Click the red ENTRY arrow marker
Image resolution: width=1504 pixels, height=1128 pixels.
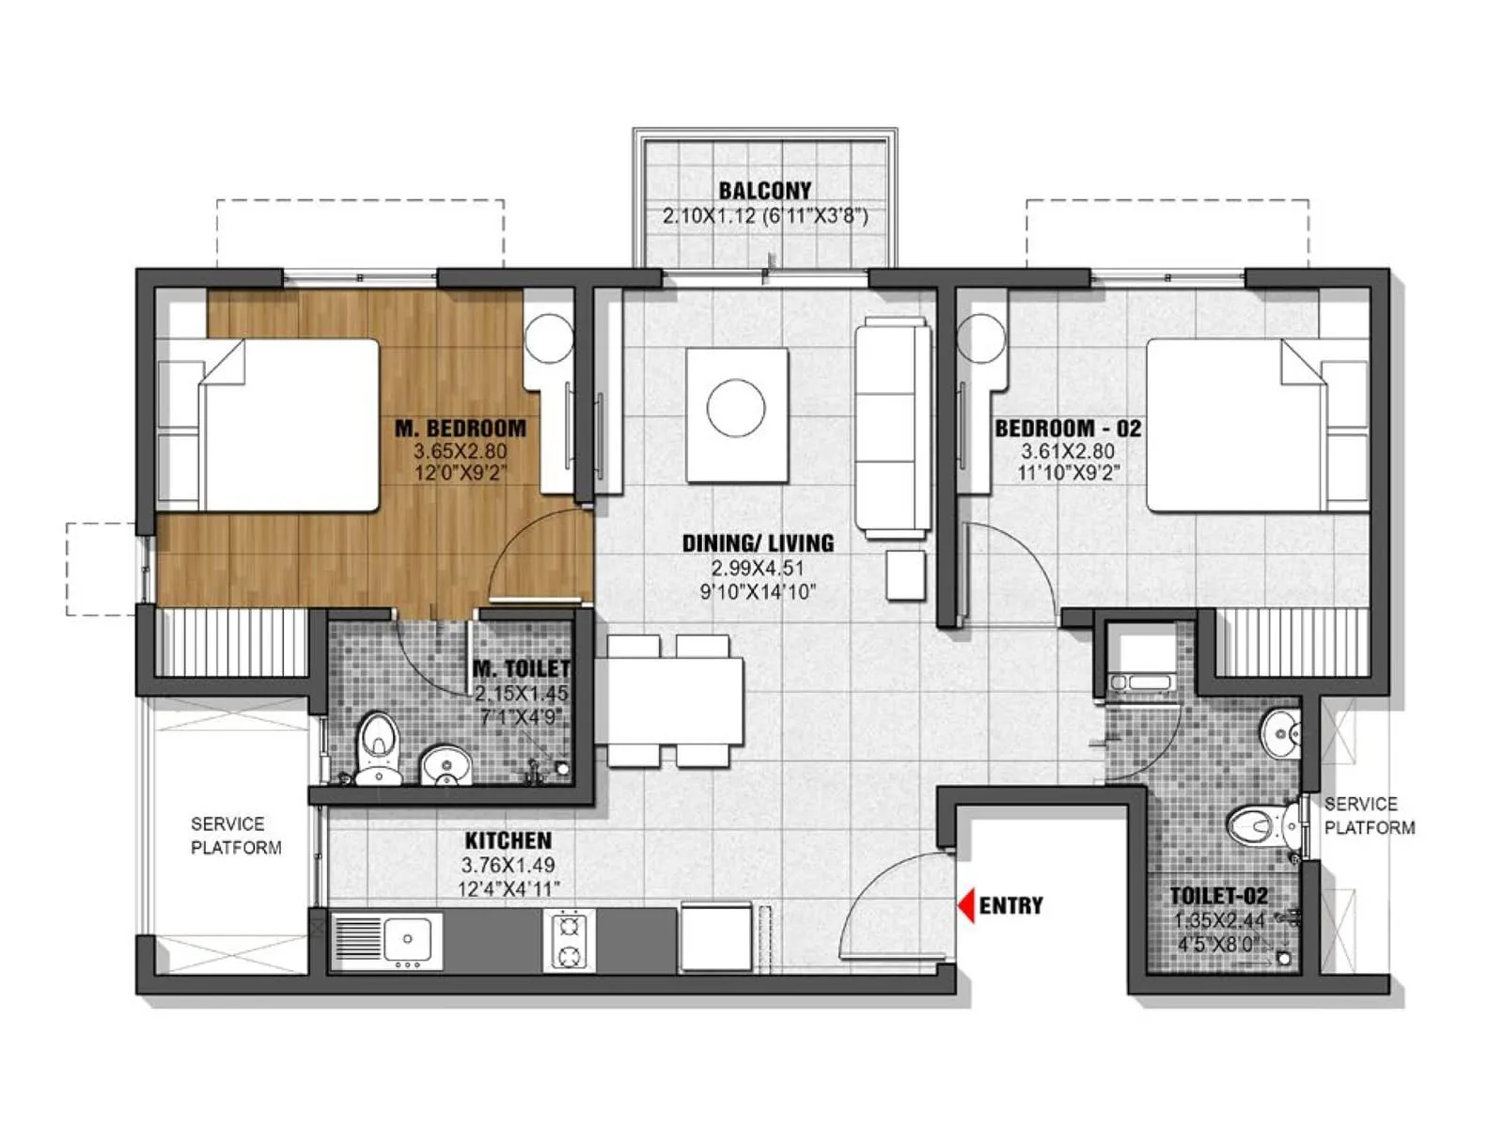tap(965, 905)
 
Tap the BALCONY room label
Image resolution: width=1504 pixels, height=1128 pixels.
tap(764, 191)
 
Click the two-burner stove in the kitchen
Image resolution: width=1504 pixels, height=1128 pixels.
tap(569, 941)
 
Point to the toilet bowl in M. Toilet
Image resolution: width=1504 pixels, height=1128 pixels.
tap(379, 743)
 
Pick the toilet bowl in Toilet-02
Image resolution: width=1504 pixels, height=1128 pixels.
tap(1256, 826)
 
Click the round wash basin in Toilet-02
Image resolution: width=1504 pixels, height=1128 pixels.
tap(1279, 733)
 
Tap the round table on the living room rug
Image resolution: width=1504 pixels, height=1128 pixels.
tap(736, 409)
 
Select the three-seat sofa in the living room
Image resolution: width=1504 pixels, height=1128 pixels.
tap(891, 428)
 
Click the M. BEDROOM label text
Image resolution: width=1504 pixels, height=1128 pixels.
tap(461, 429)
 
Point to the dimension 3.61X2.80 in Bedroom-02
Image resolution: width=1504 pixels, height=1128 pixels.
tap(1068, 452)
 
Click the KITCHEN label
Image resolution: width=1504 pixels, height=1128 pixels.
tap(508, 840)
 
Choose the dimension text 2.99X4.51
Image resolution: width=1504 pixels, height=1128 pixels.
tap(758, 568)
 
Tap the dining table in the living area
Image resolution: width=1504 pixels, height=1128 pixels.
tap(669, 700)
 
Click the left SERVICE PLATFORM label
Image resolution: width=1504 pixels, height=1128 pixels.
tap(235, 836)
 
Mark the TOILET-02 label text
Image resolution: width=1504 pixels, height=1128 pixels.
tap(1217, 896)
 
